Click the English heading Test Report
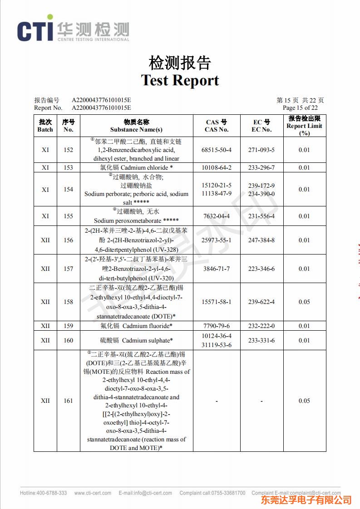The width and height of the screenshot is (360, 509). (x=180, y=80)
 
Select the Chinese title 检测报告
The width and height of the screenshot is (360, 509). (x=180, y=63)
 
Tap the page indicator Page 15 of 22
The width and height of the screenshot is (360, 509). (x=300, y=108)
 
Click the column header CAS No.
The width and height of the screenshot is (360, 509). (x=217, y=130)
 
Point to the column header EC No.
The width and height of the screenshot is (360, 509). (x=261, y=130)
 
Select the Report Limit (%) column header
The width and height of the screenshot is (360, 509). (x=304, y=126)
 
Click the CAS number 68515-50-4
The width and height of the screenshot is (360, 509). (x=217, y=150)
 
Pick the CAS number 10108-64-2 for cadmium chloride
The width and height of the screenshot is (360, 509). (x=217, y=168)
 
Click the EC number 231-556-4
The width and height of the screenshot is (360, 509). (x=261, y=216)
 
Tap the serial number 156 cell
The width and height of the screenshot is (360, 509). (x=68, y=240)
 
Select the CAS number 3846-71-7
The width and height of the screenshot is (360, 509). (x=217, y=269)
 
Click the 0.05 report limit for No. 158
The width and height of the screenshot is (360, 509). (x=304, y=302)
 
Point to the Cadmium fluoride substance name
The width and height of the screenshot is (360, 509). (x=136, y=326)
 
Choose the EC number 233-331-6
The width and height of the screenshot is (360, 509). (x=261, y=340)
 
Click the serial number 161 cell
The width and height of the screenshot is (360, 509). (x=68, y=401)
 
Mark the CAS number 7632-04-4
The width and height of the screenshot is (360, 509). (x=217, y=216)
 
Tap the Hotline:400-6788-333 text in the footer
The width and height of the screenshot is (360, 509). (x=43, y=493)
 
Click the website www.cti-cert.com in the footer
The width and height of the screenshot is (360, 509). (x=93, y=493)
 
